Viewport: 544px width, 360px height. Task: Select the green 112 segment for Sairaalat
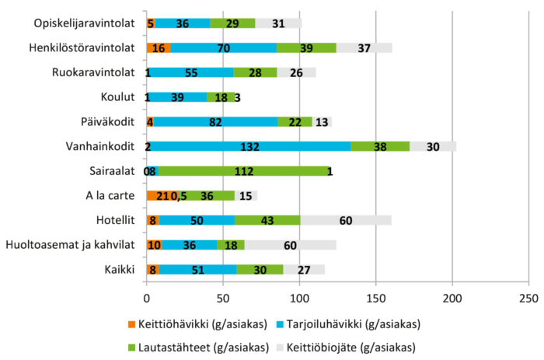244,171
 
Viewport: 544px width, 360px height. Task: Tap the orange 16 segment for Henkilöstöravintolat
159,48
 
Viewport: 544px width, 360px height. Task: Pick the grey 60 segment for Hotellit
345,220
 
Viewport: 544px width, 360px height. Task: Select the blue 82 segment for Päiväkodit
215,122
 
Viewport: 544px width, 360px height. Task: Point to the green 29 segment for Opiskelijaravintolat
232,23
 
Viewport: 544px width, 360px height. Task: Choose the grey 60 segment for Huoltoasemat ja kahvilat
290,245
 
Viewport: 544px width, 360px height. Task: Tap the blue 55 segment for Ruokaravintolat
190,72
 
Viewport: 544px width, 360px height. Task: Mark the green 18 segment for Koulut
221,97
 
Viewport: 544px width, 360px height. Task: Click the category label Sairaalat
113,171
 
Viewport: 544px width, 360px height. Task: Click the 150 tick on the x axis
376,298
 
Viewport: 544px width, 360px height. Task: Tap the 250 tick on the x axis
528,298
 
